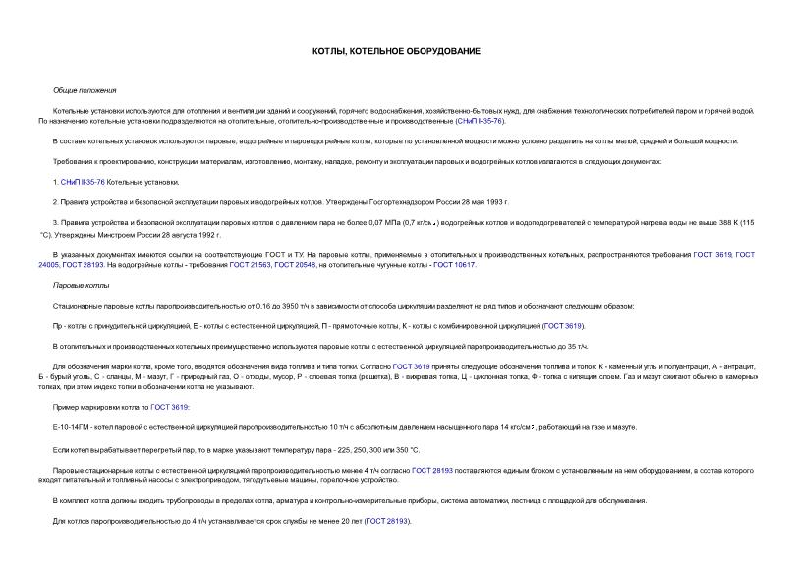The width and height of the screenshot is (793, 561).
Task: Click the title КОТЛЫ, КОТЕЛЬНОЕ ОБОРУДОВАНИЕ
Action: pyautogui.click(x=396, y=50)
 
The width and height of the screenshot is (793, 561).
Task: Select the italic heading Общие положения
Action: pyautogui.click(x=85, y=89)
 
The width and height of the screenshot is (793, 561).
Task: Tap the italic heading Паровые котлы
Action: pyautogui.click(x=81, y=285)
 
